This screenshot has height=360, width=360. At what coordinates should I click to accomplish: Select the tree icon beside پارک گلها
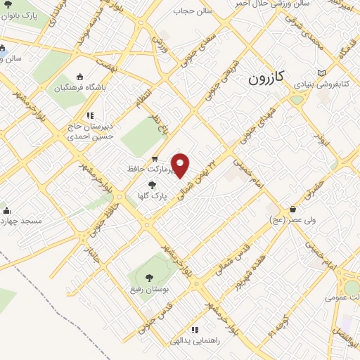(153, 185)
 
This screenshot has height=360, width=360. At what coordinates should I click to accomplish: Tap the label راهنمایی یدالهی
(195, 340)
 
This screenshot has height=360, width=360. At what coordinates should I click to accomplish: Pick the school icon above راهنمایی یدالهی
(195, 329)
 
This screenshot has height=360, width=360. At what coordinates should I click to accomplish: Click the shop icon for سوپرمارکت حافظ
(155, 158)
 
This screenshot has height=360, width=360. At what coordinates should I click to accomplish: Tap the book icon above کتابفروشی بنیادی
(321, 72)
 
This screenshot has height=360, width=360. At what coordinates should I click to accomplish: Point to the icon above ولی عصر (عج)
(292, 209)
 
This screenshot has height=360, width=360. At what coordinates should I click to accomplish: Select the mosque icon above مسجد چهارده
(7, 210)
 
